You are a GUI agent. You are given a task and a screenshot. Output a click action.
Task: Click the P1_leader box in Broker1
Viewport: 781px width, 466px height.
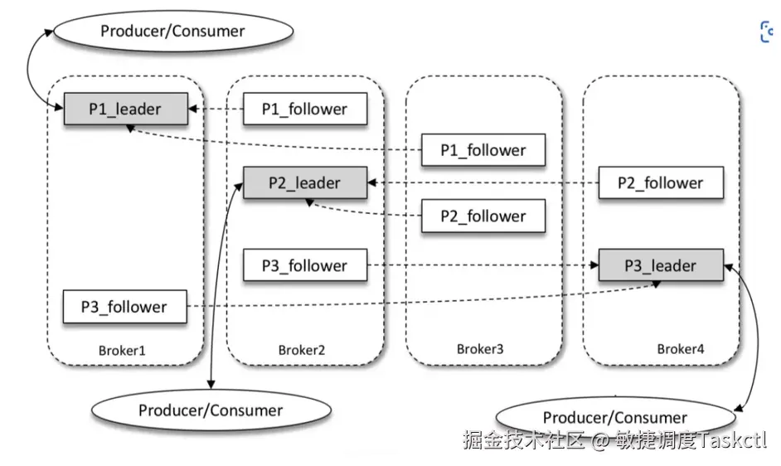click(125, 109)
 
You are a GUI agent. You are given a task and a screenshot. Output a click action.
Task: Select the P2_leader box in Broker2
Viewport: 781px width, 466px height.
click(304, 182)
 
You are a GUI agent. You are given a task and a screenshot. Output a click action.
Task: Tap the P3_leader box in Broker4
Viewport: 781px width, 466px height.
click(661, 265)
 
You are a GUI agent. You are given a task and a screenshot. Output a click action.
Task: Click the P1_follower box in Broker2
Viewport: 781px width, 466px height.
click(304, 109)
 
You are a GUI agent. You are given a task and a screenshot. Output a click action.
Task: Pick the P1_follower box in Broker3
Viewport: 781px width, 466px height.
click(483, 150)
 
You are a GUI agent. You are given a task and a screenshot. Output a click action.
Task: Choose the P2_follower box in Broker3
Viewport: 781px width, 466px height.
click(483, 216)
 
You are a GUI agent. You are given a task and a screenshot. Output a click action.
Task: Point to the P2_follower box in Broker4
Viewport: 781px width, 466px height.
click(661, 182)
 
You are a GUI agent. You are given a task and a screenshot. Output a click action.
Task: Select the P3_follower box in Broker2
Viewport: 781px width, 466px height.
click(304, 265)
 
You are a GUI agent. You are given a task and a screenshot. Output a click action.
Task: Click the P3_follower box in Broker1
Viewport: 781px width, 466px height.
click(124, 307)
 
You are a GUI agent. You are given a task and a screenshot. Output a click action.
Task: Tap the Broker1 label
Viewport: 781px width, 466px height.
click(122, 350)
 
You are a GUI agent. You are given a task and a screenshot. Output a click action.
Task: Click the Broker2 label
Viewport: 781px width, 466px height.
click(301, 350)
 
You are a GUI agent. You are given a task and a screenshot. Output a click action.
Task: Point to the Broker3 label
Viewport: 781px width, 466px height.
click(480, 349)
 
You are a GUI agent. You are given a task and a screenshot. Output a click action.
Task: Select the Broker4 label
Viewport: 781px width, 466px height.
click(681, 349)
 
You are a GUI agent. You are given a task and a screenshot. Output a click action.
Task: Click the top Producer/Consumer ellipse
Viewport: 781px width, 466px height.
click(172, 32)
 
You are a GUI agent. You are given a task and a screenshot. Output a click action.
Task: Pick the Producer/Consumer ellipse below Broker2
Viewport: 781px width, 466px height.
click(211, 410)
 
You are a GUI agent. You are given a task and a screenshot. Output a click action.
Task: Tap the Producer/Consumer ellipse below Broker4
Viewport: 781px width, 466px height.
click(614, 417)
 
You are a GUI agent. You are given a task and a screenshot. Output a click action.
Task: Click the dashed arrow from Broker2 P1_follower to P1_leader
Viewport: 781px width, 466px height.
click(215, 109)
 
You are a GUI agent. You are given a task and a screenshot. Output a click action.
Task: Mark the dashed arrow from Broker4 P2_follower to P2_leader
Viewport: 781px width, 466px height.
click(481, 182)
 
